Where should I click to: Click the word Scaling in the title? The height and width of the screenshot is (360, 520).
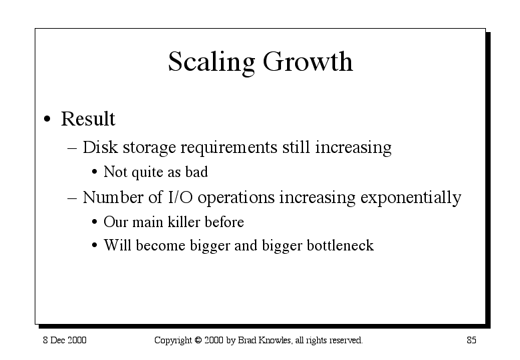click(x=212, y=62)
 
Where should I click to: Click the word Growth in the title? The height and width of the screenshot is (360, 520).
click(x=308, y=61)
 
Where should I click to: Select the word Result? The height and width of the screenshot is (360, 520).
click(x=88, y=118)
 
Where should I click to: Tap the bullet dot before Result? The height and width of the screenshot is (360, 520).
click(x=47, y=119)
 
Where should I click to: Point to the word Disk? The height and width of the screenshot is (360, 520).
click(x=100, y=147)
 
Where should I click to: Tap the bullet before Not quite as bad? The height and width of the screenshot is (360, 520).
click(x=95, y=172)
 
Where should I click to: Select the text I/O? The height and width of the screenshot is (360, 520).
click(x=180, y=197)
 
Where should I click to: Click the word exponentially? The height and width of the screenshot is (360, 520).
click(x=411, y=198)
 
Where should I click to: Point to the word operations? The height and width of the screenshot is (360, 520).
click(x=236, y=198)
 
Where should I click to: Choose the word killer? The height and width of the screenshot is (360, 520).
click(x=184, y=222)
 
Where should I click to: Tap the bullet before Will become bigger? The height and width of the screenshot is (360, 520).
click(x=95, y=246)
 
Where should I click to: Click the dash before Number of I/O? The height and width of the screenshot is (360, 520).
click(x=72, y=198)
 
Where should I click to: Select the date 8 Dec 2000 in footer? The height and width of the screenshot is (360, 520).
click(x=65, y=340)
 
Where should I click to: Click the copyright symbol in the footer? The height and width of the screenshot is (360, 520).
click(x=198, y=340)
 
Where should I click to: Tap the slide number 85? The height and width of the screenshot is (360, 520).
click(x=471, y=340)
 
